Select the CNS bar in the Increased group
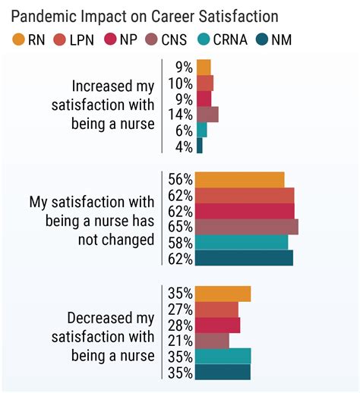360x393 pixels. pos(207,114)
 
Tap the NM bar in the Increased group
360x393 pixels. pos(199,145)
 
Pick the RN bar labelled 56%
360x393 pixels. pos(239,179)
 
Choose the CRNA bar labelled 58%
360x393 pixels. pos(242,242)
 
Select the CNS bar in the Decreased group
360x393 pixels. pos(212,341)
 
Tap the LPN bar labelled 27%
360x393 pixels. pos(216,310)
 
